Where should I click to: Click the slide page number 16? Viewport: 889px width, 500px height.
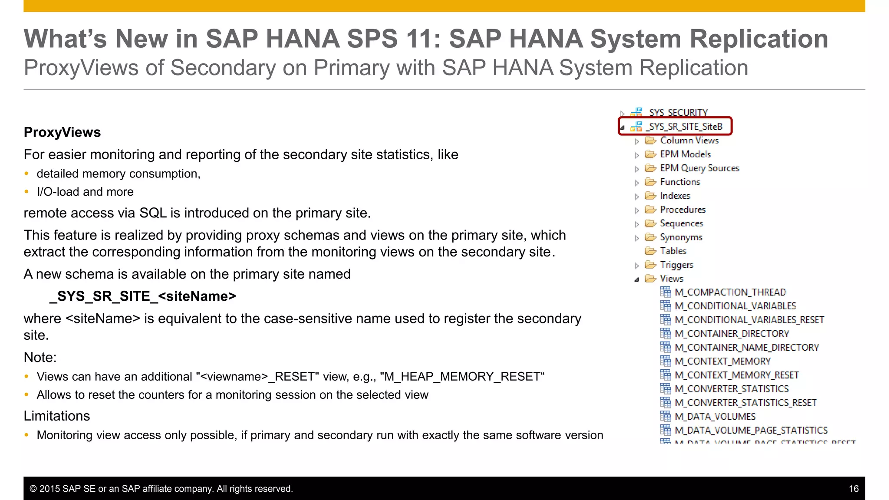point(853,489)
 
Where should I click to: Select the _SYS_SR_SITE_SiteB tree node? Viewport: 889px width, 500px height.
point(684,126)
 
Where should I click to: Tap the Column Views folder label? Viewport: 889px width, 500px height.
point(689,141)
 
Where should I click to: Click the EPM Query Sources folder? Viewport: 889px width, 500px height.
point(699,168)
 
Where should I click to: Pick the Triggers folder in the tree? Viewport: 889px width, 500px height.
point(676,265)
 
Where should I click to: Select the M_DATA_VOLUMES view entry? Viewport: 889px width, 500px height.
point(715,417)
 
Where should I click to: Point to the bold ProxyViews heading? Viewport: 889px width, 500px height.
point(62,132)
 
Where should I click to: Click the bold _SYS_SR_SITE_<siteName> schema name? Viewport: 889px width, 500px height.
point(143,296)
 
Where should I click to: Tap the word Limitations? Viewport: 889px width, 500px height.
point(57,416)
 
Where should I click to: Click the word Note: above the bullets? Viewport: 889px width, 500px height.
point(40,358)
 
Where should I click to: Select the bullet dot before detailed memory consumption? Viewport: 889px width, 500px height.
point(27,174)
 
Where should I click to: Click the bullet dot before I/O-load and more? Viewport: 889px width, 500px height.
point(27,192)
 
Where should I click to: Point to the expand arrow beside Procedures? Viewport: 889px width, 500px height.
point(637,211)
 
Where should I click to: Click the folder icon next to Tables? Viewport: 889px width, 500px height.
point(650,251)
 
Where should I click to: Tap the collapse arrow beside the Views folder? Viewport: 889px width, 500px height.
point(637,280)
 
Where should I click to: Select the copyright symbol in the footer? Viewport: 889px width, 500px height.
point(33,489)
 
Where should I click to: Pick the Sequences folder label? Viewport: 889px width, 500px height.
point(681,224)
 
